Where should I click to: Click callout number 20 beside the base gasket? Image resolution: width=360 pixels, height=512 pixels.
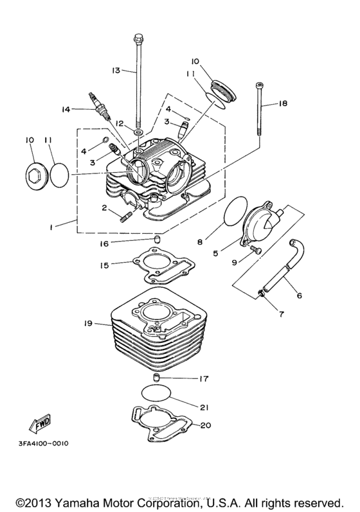pyautogui.click(x=206, y=425)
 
